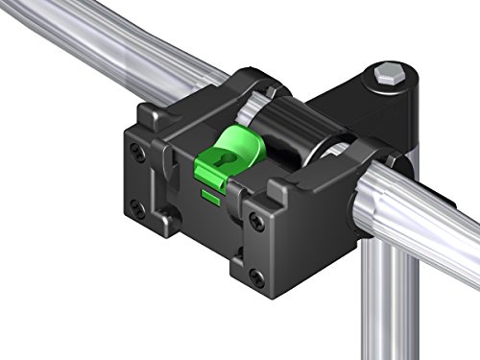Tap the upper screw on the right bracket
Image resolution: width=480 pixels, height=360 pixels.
254,220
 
